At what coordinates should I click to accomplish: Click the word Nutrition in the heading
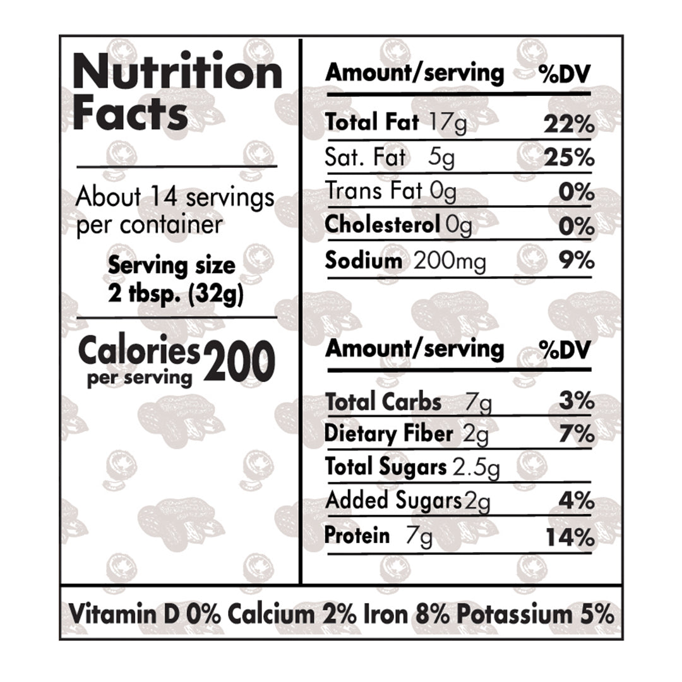coord(178,72)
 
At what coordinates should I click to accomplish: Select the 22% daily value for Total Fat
coord(568,124)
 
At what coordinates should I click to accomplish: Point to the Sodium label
coord(363,260)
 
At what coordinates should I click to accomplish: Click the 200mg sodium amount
coord(450,261)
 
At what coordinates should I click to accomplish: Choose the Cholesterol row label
coord(381,225)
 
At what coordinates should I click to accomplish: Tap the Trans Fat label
coord(373,191)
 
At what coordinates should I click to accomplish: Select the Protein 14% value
coord(570,538)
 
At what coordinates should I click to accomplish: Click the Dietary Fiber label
coord(388,434)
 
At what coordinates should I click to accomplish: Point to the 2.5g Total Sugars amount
coord(476,468)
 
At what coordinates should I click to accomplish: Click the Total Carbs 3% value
coord(576,401)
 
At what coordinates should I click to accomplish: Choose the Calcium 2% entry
coord(287,614)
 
